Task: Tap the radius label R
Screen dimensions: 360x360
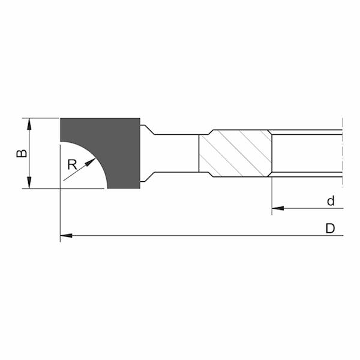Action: click(72, 164)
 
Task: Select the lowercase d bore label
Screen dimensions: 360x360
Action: click(331, 201)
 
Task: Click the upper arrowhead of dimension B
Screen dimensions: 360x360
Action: click(29, 122)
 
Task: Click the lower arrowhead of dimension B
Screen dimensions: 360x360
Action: click(29, 184)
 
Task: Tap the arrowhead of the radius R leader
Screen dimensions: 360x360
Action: click(93, 162)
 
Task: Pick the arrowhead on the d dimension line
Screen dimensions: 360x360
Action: click(277, 209)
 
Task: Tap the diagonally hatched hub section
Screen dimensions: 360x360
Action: click(234, 154)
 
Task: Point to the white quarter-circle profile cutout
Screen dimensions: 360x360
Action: click(78, 171)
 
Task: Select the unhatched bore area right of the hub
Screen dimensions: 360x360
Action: click(306, 154)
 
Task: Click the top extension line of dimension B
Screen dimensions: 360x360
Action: click(42, 118)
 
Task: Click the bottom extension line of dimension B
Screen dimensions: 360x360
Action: click(42, 188)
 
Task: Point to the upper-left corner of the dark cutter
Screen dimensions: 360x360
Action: click(61, 119)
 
